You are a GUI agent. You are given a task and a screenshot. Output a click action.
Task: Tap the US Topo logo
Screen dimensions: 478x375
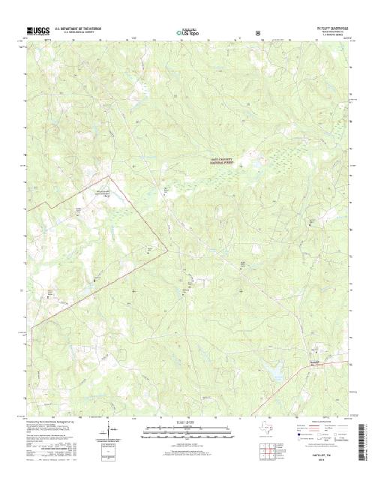[x=187, y=33]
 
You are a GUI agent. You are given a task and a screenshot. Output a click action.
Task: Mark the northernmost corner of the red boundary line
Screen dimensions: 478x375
[x=112, y=178]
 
